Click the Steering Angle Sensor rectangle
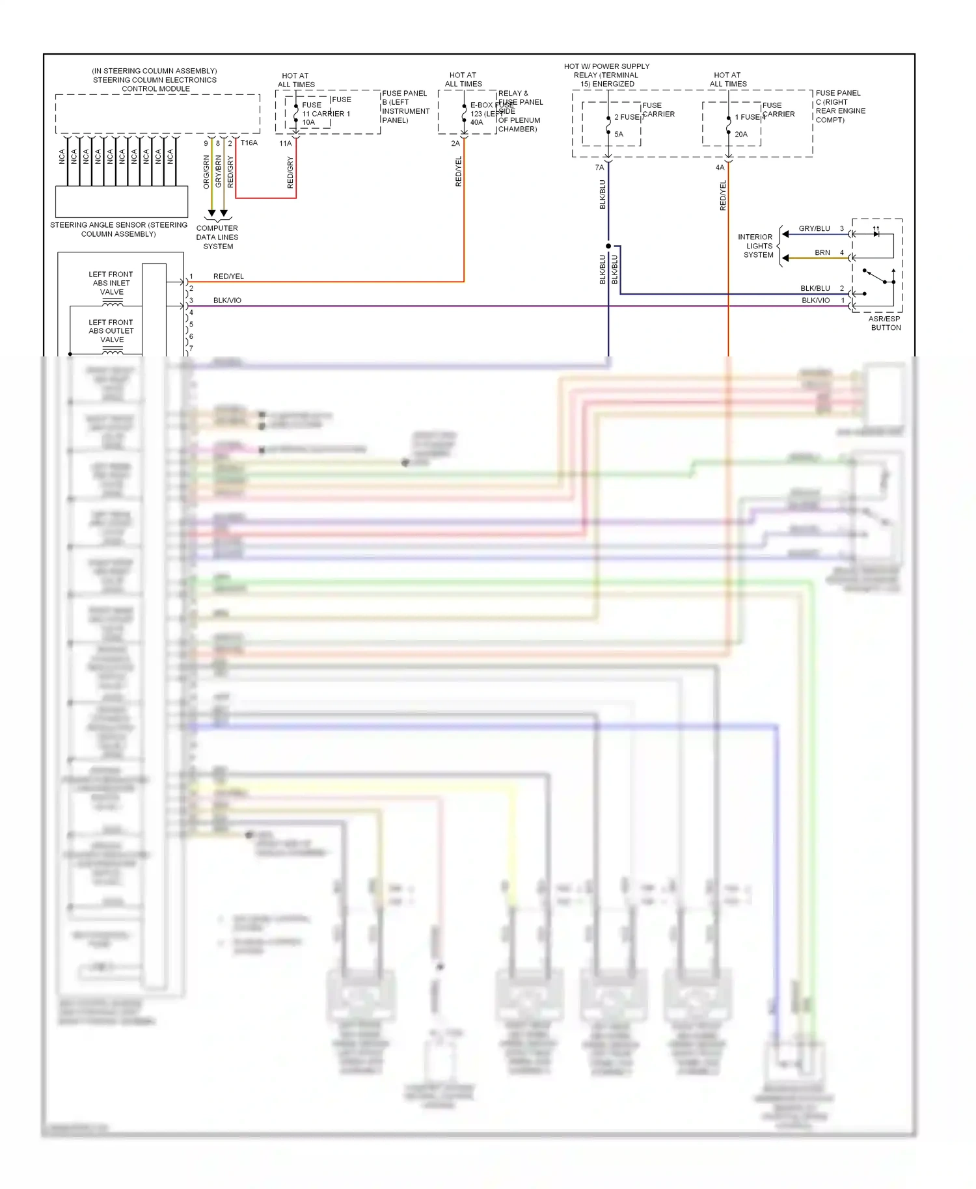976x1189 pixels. [x=122, y=202]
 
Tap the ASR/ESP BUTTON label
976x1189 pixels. [x=885, y=323]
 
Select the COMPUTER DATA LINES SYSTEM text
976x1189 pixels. [x=217, y=237]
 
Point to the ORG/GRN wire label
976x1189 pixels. [x=206, y=172]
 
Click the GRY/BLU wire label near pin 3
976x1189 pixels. [x=814, y=228]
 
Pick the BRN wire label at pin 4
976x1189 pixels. [x=822, y=252]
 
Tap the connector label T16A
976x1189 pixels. [x=249, y=142]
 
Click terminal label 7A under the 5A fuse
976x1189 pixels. [x=599, y=167]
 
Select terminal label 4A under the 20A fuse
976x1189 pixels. [x=720, y=167]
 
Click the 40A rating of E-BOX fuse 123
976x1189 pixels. [x=476, y=122]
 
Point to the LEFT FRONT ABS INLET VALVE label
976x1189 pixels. [x=111, y=283]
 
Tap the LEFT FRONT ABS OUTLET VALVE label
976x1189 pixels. [x=111, y=330]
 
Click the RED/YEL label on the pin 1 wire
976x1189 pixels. [x=228, y=276]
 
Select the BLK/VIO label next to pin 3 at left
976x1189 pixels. [x=227, y=301]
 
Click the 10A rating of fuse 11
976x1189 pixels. [x=308, y=122]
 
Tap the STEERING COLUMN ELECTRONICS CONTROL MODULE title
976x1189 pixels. [x=156, y=80]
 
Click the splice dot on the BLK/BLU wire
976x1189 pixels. [x=608, y=246]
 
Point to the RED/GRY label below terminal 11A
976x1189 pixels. [x=290, y=172]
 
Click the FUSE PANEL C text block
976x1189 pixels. [x=840, y=107]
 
